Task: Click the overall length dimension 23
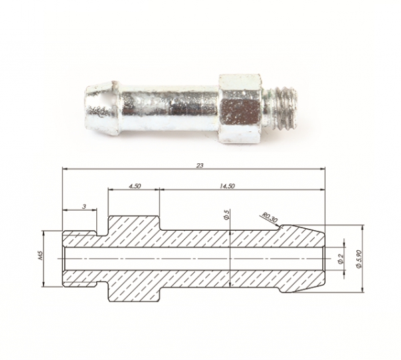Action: click(x=200, y=165)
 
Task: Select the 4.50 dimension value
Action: click(x=135, y=186)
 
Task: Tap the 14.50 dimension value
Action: click(x=227, y=186)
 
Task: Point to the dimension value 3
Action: click(x=84, y=206)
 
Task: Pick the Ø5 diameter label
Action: click(x=226, y=214)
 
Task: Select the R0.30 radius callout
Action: click(x=269, y=218)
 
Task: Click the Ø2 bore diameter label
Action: click(x=340, y=259)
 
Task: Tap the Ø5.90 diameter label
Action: click(x=359, y=259)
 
